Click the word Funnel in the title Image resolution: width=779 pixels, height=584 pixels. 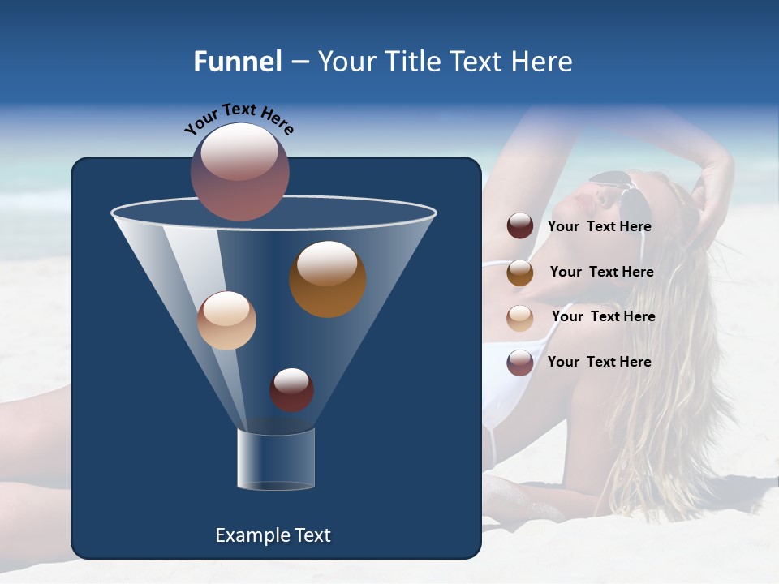tap(237, 62)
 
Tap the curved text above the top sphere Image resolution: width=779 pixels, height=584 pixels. tap(239, 118)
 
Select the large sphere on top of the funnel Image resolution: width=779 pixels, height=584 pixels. tap(240, 172)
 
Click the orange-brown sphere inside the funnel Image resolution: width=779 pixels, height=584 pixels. tap(327, 279)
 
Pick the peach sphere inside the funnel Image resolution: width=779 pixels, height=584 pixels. tap(226, 320)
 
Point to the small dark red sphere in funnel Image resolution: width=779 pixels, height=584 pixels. tap(291, 389)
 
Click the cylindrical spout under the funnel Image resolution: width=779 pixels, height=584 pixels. tap(276, 459)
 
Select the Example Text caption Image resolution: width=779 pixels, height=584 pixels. tap(273, 535)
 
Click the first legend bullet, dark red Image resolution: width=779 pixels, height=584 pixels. tap(520, 226)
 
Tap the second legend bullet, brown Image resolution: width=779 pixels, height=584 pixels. tap(520, 273)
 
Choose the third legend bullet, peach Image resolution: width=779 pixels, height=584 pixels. tap(520, 318)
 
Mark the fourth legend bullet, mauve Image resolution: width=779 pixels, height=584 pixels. tap(520, 363)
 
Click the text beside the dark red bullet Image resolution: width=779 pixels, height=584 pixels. tap(599, 226)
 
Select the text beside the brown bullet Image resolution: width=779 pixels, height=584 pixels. tap(601, 272)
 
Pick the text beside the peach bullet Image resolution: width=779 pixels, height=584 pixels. tap(603, 316)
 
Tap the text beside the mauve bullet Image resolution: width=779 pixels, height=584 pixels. tap(599, 362)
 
